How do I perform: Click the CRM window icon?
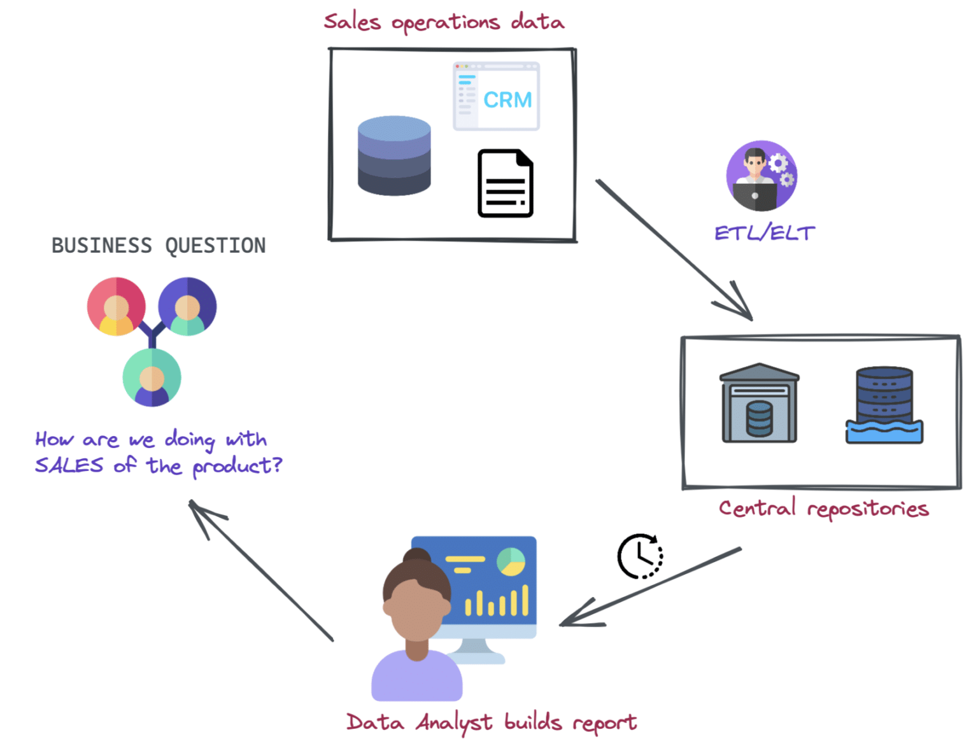point(496,97)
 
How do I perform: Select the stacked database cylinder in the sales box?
point(394,155)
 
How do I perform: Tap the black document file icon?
point(506,183)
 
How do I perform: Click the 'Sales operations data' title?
point(444,22)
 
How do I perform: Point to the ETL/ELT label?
point(764,233)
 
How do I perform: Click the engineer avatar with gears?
point(762,176)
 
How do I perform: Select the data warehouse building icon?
point(759,404)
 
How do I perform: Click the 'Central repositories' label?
point(823,509)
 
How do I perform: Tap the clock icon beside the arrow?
point(641,556)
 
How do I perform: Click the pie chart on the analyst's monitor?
point(511,561)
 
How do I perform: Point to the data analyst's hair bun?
point(417,556)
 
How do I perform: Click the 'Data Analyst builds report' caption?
point(491,722)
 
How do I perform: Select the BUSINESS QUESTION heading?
point(159,246)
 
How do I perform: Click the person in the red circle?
point(117,306)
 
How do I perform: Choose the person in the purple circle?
point(187,306)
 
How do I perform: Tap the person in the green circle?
point(152,377)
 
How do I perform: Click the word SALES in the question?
point(69,465)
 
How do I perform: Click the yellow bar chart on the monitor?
point(497,602)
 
